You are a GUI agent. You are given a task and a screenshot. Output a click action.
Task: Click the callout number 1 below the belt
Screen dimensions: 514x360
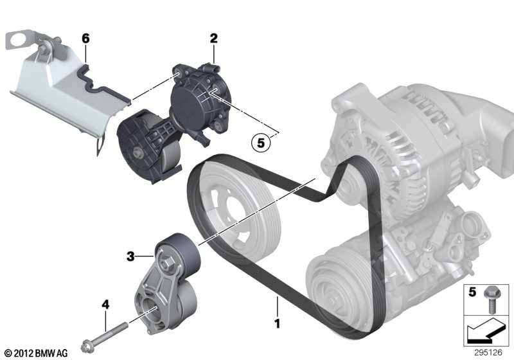[278, 323]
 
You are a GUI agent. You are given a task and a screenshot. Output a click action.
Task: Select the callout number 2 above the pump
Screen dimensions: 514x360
[213, 39]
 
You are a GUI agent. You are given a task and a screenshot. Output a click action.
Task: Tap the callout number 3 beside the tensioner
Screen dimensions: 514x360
[130, 256]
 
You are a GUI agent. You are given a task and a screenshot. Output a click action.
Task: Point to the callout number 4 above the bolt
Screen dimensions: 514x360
[105, 305]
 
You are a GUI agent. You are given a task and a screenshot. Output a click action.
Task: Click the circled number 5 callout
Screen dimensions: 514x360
[261, 143]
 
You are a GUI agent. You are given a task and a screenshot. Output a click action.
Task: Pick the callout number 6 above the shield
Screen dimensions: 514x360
[85, 39]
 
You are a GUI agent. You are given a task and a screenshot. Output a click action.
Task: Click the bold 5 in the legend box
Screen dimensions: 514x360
[472, 292]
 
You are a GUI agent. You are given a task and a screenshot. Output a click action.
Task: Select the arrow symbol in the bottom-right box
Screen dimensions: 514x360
[486, 331]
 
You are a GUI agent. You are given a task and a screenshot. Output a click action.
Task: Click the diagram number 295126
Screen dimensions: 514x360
[488, 352]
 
